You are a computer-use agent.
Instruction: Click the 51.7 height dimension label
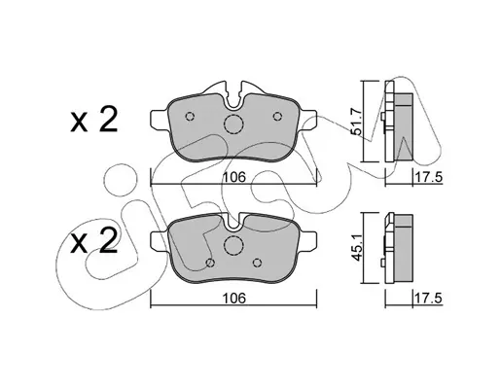(x=356, y=122)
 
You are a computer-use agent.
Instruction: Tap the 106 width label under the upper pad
(x=234, y=177)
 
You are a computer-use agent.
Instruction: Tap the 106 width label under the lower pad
(x=234, y=298)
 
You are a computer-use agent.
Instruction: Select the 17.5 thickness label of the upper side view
(x=428, y=178)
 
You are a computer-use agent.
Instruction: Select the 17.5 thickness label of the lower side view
(x=428, y=298)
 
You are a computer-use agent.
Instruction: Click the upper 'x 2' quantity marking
(x=93, y=121)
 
